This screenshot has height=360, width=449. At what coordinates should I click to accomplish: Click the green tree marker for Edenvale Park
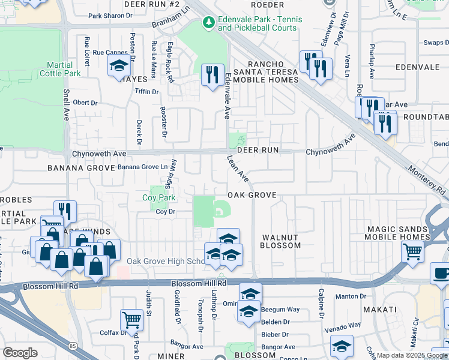tap(209, 23)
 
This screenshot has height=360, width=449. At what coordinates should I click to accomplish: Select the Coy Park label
tap(158, 197)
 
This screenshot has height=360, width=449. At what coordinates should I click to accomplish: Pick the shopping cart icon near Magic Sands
tap(412, 251)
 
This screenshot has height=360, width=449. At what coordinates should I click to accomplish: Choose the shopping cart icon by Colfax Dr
tap(131, 320)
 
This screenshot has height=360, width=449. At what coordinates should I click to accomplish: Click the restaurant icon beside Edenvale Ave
tap(212, 74)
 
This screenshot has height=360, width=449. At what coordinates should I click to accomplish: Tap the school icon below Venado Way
tap(342, 346)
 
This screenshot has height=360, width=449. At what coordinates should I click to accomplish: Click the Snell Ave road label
tap(66, 105)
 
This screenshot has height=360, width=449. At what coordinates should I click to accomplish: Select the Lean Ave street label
tap(238, 169)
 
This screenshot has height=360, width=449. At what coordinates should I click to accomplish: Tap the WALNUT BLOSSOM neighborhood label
tap(280, 241)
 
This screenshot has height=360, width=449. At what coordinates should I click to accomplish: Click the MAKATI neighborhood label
tap(379, 309)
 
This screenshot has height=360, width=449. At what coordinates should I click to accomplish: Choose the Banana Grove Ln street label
tap(142, 167)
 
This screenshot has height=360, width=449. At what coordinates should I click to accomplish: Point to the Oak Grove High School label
tap(166, 262)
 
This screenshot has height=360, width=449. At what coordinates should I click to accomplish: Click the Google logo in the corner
tap(20, 353)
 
